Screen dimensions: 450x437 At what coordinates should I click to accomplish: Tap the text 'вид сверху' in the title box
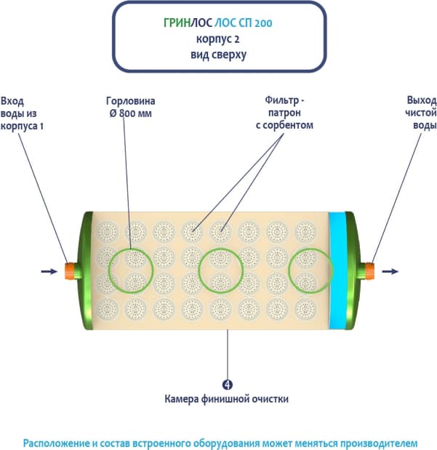(x=219, y=54)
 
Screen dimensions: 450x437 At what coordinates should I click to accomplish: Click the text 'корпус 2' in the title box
(x=219, y=38)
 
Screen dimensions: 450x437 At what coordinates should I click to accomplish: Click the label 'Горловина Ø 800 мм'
(x=130, y=107)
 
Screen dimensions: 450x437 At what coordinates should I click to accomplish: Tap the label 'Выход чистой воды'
(x=420, y=113)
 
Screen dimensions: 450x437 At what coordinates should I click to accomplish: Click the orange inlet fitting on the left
(x=71, y=271)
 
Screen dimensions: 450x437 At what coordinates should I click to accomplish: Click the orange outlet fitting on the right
(x=368, y=271)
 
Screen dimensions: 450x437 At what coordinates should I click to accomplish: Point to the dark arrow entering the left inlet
(x=49, y=271)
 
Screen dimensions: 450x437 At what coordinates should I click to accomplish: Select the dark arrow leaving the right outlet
(x=390, y=271)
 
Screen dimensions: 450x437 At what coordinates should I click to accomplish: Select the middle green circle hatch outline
(x=221, y=270)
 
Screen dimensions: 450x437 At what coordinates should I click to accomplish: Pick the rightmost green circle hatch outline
(x=310, y=270)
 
